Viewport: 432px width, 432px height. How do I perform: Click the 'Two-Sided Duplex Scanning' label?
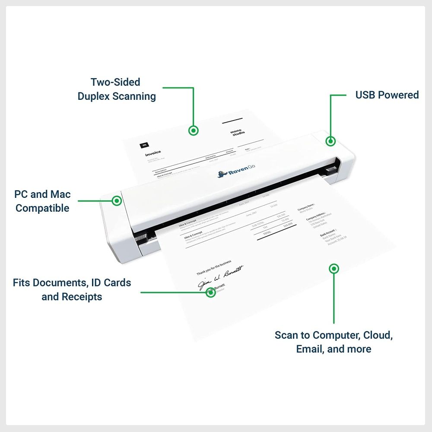(x=117, y=89)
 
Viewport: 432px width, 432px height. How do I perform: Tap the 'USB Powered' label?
(x=387, y=95)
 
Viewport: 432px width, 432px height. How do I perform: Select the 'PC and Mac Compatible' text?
(x=42, y=201)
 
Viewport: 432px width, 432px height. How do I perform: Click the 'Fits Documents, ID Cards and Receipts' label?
(x=72, y=290)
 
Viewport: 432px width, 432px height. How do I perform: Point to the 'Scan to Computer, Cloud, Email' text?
(x=334, y=342)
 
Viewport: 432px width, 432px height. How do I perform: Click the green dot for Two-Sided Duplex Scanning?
(x=194, y=130)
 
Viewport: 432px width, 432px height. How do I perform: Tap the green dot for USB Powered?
(x=330, y=141)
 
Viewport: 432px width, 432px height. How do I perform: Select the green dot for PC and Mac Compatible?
(x=117, y=200)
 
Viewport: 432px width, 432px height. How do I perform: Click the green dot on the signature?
(x=210, y=292)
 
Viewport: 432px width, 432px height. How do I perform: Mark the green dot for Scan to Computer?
(x=334, y=269)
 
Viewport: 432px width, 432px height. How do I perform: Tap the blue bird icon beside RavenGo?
(x=221, y=174)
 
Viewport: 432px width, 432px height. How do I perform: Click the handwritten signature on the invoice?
(x=220, y=276)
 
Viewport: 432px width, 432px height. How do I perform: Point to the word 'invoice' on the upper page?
(x=153, y=152)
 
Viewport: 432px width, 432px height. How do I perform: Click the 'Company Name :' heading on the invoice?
(x=306, y=207)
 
